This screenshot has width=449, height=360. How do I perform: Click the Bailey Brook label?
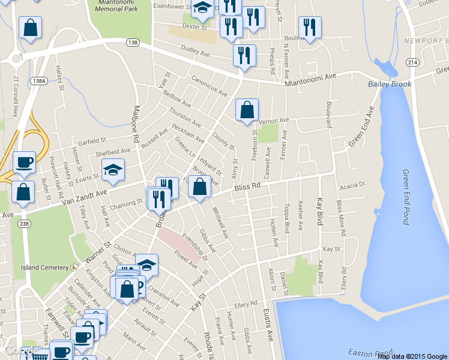(390, 84)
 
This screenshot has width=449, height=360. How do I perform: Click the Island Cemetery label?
(45, 267)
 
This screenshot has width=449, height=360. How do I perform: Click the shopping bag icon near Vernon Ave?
(247, 110)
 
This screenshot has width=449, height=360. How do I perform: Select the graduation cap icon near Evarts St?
(112, 170)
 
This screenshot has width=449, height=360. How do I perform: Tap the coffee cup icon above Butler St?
(24, 161)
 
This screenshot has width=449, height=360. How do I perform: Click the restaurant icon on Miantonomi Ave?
(244, 55)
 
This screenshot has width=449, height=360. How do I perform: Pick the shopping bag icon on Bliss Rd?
(200, 187)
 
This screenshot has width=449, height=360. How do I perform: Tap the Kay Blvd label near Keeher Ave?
(319, 208)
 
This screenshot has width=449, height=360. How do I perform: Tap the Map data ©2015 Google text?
(412, 356)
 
